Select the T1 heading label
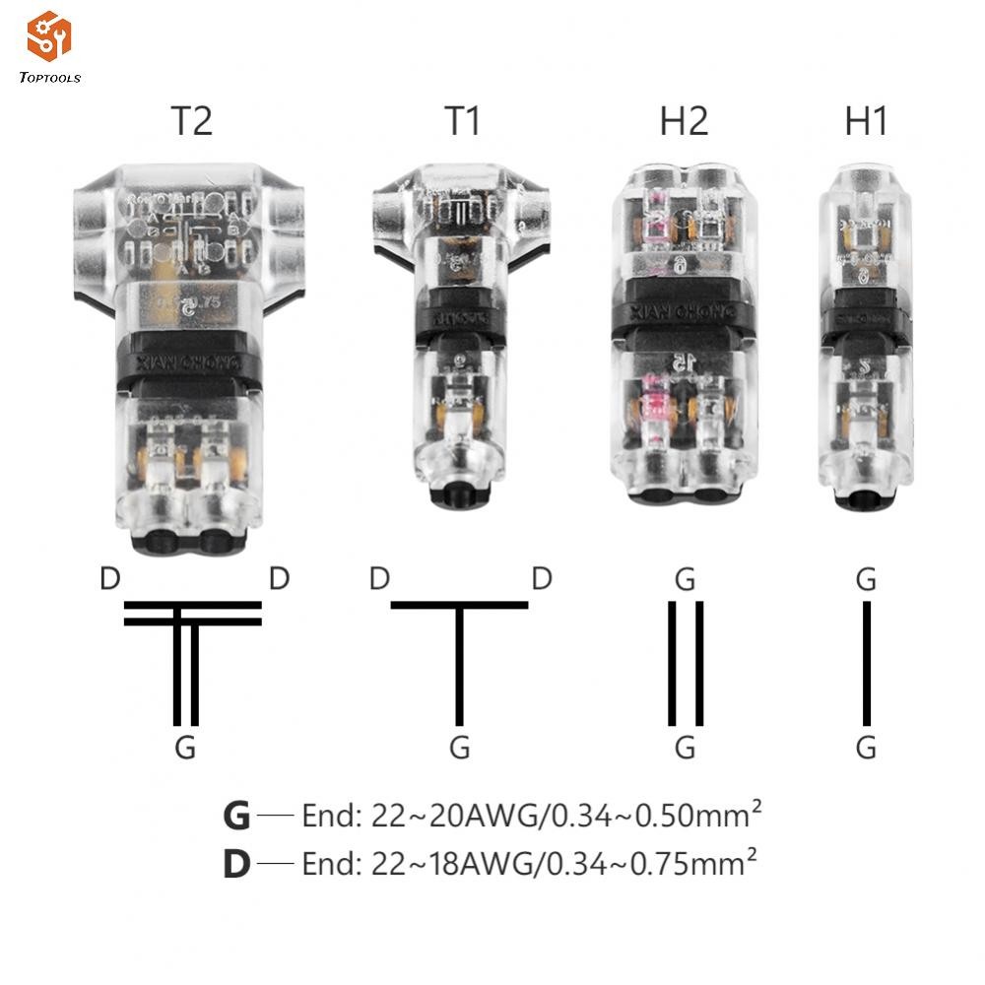(462, 121)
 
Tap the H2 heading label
(684, 121)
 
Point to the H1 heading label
(866, 121)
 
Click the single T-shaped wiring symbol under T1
(459, 650)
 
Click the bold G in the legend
(236, 817)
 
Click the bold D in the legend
(236, 864)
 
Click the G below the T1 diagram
(459, 748)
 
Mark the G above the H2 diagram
(686, 579)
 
